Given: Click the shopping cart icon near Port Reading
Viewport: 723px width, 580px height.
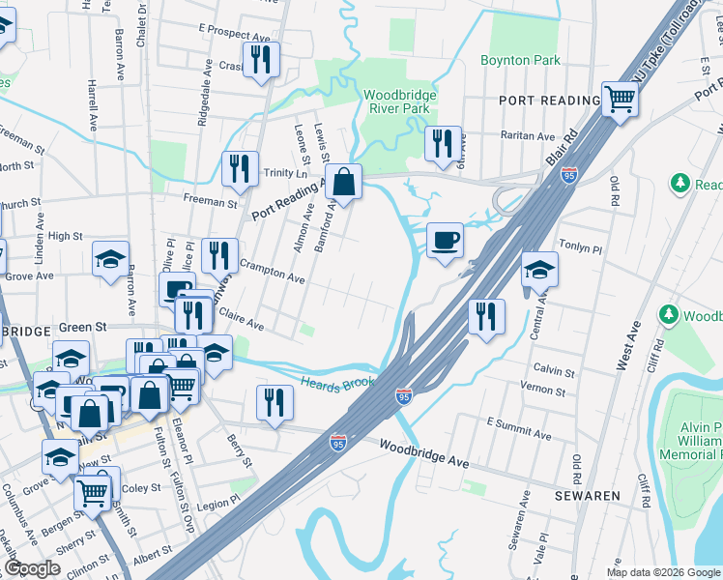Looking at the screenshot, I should click(619, 98).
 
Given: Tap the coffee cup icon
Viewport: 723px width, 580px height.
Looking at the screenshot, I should click(445, 240).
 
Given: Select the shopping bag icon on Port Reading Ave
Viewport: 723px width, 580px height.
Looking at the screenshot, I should click(343, 181).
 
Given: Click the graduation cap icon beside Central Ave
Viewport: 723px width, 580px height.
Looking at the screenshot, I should click(539, 270).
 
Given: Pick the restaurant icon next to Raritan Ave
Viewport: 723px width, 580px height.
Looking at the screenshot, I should click(443, 144).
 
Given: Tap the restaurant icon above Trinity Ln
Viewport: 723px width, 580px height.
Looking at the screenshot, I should click(240, 168).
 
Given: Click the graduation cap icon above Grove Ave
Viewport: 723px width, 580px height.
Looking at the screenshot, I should click(111, 259).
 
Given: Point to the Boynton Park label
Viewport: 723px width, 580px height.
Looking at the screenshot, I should click(520, 60).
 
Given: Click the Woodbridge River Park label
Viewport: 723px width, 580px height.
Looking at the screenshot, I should click(400, 101).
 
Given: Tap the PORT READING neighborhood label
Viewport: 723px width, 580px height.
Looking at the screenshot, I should click(549, 101).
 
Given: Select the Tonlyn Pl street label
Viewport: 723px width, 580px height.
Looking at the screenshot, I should click(580, 248).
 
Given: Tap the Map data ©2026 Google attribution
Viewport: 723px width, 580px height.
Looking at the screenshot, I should click(663, 572).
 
